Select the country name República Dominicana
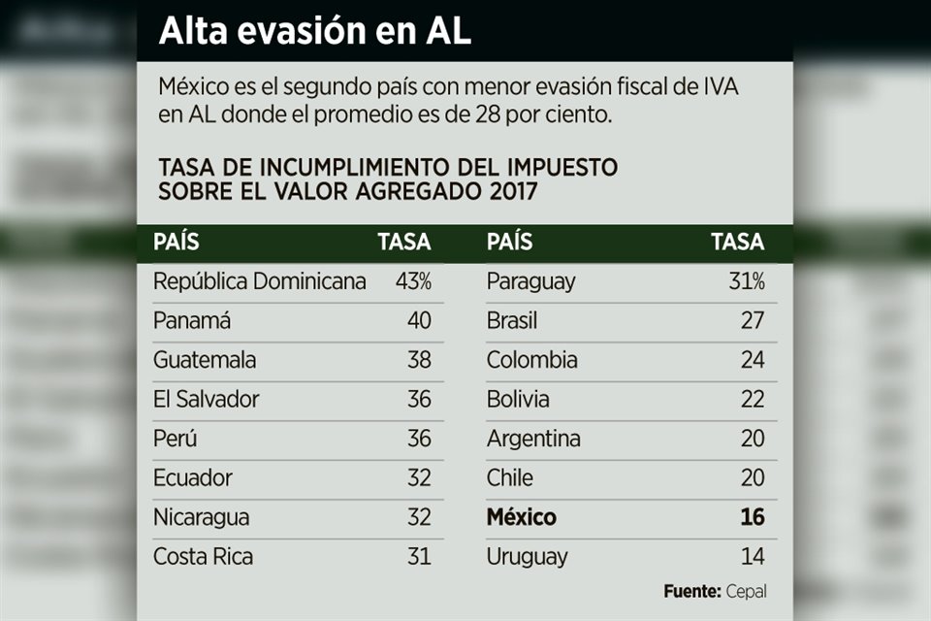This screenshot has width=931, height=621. [260, 281]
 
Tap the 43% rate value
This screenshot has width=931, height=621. [413, 281]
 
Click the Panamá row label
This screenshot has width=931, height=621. [192, 321]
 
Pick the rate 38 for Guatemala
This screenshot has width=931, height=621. [419, 360]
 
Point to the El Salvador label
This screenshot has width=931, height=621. [207, 399]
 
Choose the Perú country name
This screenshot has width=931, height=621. [175, 439]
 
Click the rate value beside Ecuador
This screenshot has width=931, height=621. [419, 478]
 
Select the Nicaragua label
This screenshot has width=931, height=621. [201, 517]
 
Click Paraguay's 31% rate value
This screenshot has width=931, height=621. [747, 281]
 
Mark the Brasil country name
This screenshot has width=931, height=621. [512, 321]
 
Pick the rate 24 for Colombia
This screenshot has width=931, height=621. [753, 360]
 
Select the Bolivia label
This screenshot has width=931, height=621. [518, 399]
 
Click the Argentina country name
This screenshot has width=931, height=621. [533, 439]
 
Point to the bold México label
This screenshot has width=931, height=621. [522, 517]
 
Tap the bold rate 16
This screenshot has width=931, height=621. [753, 517]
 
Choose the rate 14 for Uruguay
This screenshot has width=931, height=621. [753, 557]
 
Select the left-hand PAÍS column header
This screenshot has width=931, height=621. [176, 243]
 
